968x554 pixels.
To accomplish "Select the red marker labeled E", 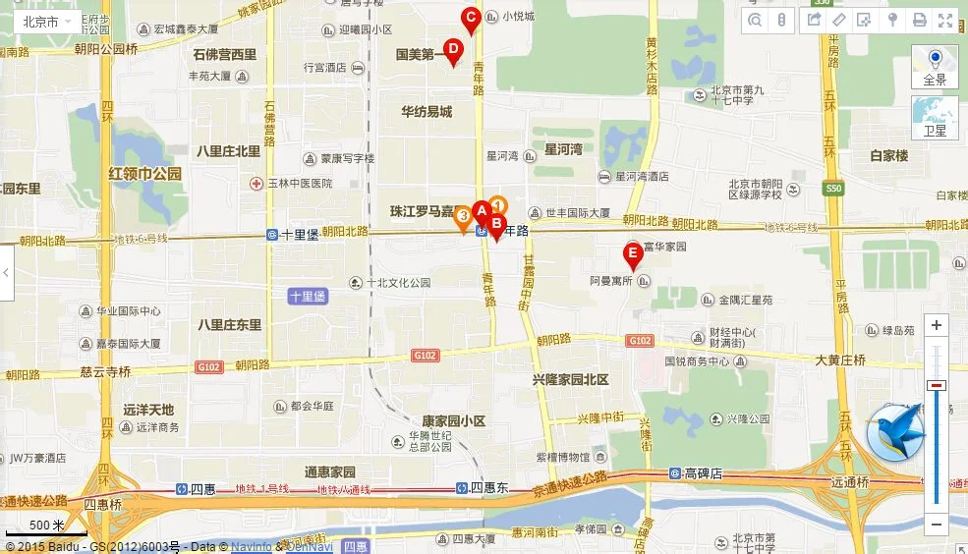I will click(634, 255).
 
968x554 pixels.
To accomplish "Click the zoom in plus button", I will click(937, 325).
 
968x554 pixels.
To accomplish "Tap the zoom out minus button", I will click(937, 525).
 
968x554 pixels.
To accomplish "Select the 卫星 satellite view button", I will click(935, 117).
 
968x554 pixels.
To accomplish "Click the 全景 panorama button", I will click(935, 67).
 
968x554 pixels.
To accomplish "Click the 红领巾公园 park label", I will click(145, 173).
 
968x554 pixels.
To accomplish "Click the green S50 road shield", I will click(834, 187).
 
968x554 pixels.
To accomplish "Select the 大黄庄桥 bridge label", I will click(839, 360).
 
